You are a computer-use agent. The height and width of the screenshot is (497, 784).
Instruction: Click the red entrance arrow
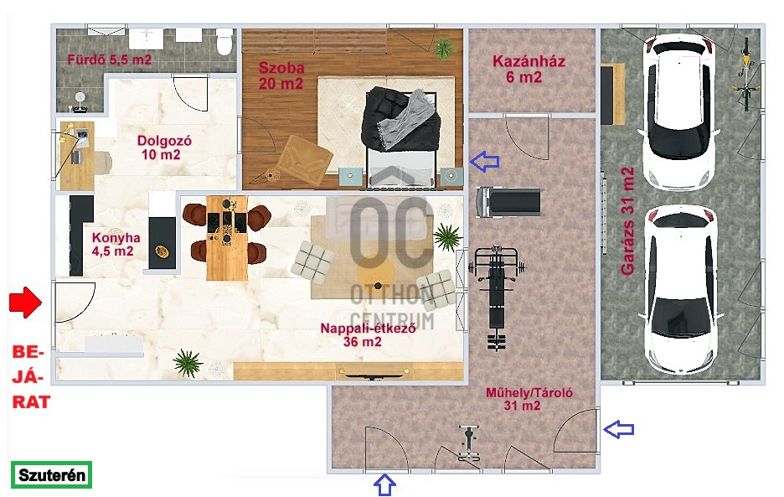click(25, 303)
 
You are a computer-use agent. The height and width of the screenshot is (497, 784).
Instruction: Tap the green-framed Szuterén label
click(51, 474)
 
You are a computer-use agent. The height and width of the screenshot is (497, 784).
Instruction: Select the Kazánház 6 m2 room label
click(529, 69)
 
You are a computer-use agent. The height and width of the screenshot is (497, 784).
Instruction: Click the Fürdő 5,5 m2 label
click(109, 60)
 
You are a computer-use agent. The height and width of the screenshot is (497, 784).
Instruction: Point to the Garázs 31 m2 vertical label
click(627, 221)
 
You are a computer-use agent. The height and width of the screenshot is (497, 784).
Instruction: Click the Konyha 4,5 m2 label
click(116, 244)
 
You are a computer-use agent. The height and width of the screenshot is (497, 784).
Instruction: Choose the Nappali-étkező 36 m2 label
click(368, 335)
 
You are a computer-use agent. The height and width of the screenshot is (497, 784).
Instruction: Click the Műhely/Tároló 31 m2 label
click(529, 399)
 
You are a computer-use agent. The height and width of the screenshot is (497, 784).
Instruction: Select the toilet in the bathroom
click(224, 41)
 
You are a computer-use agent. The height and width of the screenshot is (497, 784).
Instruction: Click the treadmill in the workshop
click(509, 202)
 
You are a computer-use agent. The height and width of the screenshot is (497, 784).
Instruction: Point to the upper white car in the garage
click(679, 111)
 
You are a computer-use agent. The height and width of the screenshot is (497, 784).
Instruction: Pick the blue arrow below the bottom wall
click(384, 485)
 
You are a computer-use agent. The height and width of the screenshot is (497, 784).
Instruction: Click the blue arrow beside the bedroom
click(484, 161)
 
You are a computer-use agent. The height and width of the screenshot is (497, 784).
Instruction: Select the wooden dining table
click(227, 238)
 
